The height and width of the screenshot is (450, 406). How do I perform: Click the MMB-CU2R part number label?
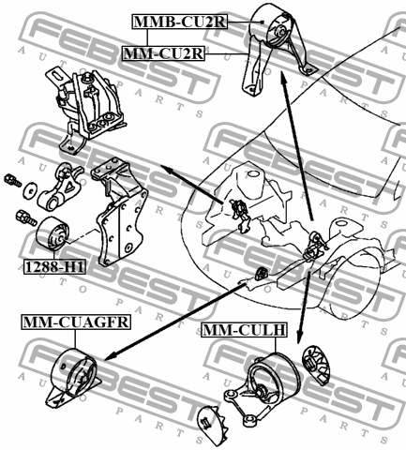click(x=180, y=22)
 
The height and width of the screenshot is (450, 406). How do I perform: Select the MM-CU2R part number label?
click(x=163, y=53)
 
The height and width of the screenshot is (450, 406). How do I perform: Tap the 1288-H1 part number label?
click(x=54, y=267)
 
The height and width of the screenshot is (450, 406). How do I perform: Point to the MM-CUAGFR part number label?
click(x=76, y=322)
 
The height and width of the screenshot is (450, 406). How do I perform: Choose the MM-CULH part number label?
click(x=244, y=330)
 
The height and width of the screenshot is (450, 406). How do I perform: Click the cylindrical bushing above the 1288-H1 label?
click(x=53, y=233)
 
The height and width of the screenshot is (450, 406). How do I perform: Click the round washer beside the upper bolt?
click(x=30, y=189)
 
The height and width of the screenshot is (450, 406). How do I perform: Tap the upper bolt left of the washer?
click(x=12, y=180)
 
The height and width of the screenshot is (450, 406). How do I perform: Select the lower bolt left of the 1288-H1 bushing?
click(x=26, y=218)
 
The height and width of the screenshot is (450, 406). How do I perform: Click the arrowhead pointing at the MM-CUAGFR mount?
click(x=109, y=355)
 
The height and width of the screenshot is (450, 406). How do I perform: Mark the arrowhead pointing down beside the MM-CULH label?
click(x=299, y=337)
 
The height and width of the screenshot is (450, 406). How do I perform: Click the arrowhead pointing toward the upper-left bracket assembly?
click(x=167, y=169)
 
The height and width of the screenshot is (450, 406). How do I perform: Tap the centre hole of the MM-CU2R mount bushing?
click(x=281, y=32)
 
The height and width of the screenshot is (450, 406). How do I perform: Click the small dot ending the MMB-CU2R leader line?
click(x=263, y=22)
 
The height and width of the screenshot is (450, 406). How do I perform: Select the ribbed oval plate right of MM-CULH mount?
click(x=316, y=366)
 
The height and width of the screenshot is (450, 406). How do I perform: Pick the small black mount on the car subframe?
click(x=260, y=274)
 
